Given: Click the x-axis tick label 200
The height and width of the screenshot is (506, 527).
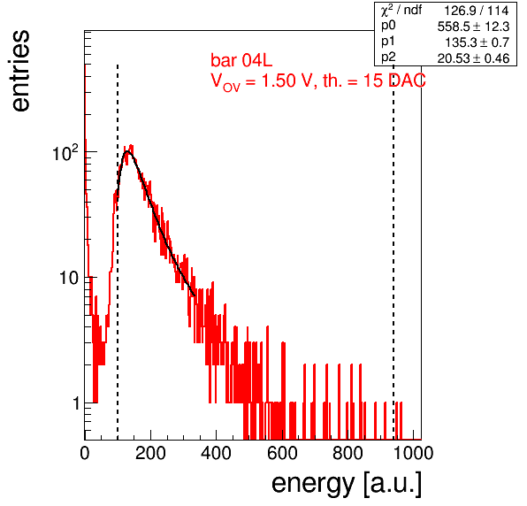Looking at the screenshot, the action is [x=150, y=453].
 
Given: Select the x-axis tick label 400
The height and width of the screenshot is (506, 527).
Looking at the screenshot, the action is [x=216, y=453].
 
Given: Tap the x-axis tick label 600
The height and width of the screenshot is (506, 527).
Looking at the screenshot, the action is [x=282, y=453].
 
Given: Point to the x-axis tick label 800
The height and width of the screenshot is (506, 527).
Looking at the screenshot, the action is [x=348, y=453].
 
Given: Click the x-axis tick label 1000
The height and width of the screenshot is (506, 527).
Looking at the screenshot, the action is [x=413, y=453].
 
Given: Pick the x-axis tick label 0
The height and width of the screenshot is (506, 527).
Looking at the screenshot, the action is [x=85, y=453].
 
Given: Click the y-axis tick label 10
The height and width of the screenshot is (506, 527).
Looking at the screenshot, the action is [x=69, y=279].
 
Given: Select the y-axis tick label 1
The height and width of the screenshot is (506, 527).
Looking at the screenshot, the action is [x=76, y=403].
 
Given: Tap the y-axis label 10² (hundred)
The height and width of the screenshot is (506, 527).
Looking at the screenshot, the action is [x=65, y=153].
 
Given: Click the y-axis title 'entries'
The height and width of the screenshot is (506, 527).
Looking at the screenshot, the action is [x=21, y=71].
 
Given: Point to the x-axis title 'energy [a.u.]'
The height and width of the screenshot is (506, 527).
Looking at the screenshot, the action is [x=347, y=484].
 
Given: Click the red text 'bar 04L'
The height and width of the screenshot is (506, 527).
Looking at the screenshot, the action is [x=241, y=60].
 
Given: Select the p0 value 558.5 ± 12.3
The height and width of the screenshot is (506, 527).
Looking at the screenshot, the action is [x=473, y=27].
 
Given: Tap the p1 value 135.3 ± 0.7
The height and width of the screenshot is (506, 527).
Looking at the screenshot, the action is [x=477, y=42].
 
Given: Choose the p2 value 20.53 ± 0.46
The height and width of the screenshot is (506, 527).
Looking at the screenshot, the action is [x=473, y=58].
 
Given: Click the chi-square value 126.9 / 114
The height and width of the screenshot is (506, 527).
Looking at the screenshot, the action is [x=477, y=11].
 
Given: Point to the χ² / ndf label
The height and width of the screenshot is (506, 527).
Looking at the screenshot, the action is [x=401, y=11].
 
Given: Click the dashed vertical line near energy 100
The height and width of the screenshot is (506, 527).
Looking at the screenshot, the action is [x=118, y=252].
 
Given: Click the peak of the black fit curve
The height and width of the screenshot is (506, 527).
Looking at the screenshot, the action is [x=127, y=151].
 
